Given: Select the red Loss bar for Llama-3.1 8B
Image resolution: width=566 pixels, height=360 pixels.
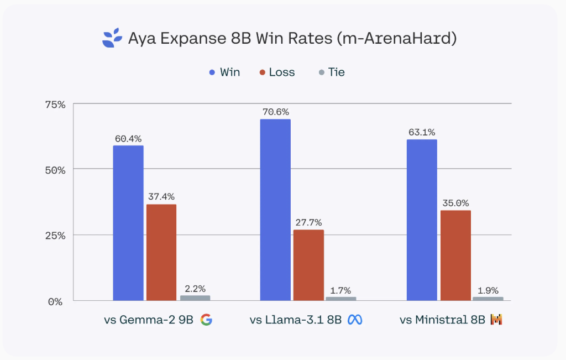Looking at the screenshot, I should (308, 265).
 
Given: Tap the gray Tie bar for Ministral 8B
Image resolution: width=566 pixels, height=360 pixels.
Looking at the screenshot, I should (488, 299).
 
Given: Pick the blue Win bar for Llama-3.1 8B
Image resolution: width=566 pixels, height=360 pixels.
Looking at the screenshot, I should (275, 210).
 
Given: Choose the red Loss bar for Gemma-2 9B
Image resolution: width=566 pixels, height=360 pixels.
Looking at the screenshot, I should (161, 252).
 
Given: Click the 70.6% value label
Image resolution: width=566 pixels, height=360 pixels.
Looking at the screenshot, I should (275, 112).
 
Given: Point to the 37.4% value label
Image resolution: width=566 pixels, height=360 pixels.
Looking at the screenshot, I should (161, 196).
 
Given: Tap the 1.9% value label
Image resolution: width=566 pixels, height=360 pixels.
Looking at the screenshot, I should (488, 290).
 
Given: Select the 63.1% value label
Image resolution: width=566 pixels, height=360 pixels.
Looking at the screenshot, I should (422, 132).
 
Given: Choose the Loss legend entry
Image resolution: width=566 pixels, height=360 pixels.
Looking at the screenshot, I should (276, 72).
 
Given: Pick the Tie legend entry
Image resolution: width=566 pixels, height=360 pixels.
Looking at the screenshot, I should (331, 72).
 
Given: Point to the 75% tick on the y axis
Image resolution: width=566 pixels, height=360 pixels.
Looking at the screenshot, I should (55, 104).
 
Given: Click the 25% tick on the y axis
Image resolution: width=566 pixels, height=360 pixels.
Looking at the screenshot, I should (55, 235).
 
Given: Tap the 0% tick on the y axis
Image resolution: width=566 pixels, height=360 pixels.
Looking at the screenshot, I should (58, 301).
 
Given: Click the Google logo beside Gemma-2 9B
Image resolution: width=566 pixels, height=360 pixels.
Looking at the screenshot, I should (206, 320).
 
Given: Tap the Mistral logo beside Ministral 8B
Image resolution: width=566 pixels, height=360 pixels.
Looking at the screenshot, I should (496, 320).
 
